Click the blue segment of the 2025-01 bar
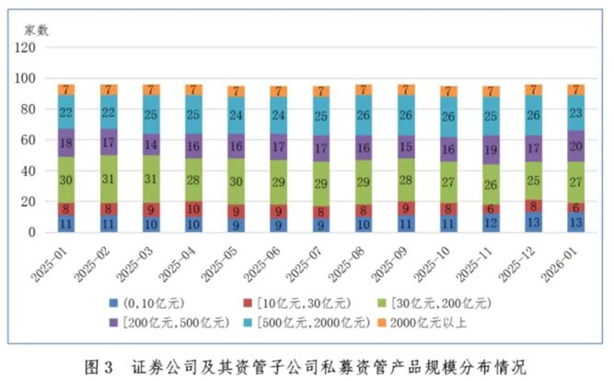[x=66, y=224]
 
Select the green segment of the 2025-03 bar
[x=151, y=179]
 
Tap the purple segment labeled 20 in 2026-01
[x=576, y=145]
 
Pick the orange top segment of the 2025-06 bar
[x=278, y=91]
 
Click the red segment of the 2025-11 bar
[x=492, y=209]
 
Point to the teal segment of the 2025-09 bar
[x=406, y=115]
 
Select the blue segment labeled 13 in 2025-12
[x=534, y=222]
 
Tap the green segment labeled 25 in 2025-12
[x=534, y=179]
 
